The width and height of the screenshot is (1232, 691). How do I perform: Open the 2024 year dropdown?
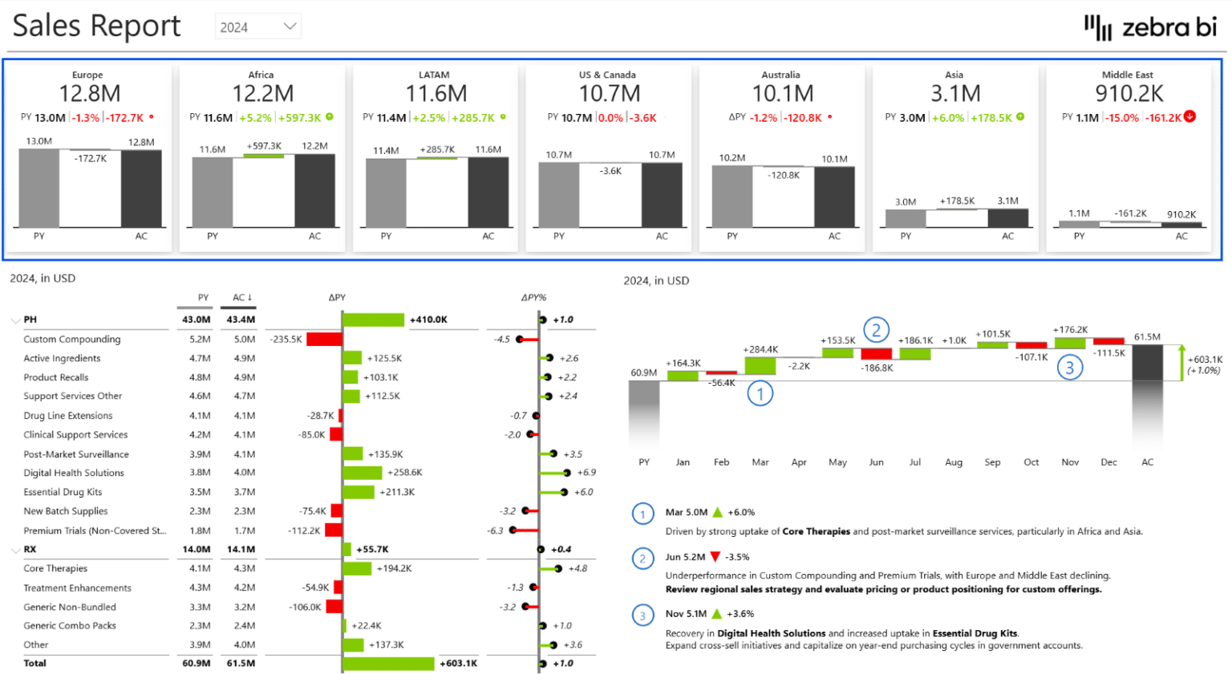pos(257,26)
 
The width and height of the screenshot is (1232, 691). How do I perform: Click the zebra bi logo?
pos(1150,27)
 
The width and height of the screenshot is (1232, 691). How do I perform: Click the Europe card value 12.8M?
pos(90,94)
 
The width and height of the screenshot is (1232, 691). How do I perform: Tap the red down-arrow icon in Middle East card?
pos(1190,116)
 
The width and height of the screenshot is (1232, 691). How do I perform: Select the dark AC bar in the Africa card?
pos(314,190)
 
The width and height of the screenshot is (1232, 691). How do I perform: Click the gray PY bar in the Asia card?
pos(906,217)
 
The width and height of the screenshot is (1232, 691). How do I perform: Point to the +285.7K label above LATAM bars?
pos(437,150)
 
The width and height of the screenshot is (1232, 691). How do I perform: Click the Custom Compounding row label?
pos(72,339)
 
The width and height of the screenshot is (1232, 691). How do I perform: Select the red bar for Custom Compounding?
pos(324,339)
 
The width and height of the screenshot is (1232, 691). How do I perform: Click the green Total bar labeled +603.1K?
pos(388,664)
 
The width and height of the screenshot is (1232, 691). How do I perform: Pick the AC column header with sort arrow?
pos(241,298)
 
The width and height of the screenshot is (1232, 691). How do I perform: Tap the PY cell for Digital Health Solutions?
pos(200,473)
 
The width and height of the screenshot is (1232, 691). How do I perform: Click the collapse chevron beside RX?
pos(15,550)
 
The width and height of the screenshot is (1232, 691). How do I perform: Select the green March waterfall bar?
pos(760,366)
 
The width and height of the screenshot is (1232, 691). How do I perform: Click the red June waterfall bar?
pos(876,354)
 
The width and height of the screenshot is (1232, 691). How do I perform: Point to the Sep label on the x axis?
pos(992,462)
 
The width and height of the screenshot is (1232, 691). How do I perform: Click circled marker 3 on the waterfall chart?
pos(1069,368)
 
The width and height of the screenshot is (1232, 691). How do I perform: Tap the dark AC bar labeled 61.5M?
pos(1147,363)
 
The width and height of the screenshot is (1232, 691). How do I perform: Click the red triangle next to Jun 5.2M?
pos(715,557)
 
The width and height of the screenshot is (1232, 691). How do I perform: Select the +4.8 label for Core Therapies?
pos(577,569)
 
